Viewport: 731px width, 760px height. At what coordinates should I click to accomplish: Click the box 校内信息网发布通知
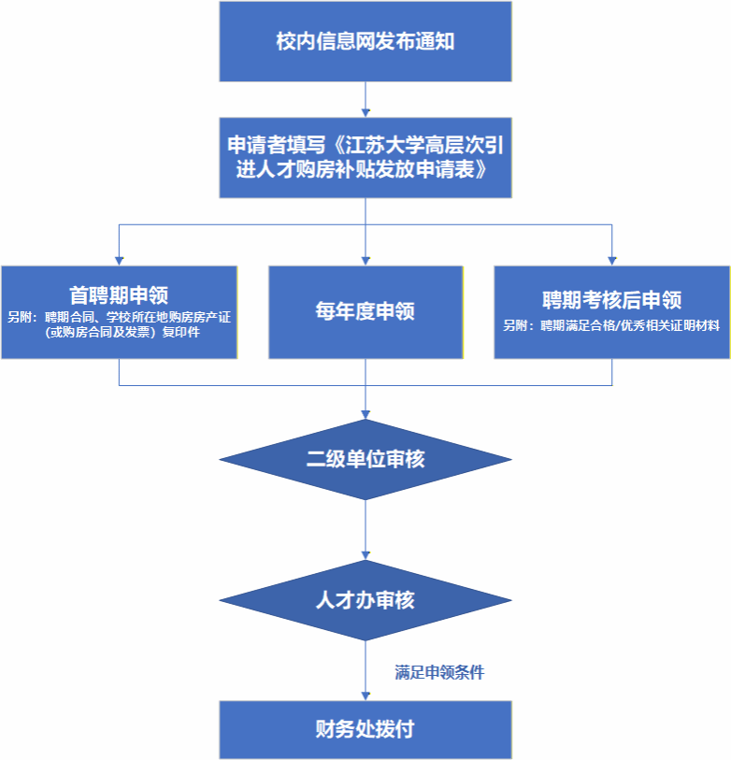365,42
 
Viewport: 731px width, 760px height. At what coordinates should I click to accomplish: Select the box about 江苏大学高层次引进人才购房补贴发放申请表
365,157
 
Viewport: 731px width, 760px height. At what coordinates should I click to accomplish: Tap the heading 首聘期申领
119,295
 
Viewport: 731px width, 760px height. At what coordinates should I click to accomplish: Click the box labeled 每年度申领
365,312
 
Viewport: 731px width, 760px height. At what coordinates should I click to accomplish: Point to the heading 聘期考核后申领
611,300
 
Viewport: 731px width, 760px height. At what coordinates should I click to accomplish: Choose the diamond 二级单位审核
365,459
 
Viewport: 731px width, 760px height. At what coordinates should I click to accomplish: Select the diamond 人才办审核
365,600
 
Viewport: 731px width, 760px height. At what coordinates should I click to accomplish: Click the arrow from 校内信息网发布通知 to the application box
365,99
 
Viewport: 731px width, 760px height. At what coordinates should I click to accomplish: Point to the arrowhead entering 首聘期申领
119,260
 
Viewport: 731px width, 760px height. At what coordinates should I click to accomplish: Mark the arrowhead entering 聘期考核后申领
611,260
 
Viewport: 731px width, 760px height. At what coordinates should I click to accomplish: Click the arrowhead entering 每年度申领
365,260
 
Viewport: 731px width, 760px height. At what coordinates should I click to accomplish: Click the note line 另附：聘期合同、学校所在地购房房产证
119,317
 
